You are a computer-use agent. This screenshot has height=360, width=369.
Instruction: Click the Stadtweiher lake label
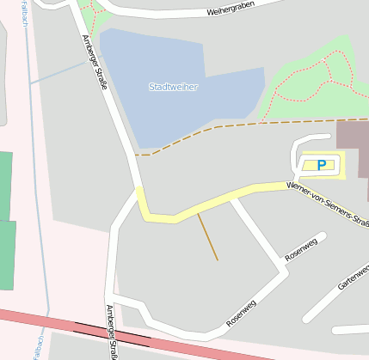(173, 87)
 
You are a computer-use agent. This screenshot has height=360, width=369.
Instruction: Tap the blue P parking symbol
(322, 165)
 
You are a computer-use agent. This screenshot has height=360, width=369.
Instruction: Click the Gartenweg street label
(353, 278)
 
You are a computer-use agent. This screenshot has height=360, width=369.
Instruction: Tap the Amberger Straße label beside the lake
(96, 60)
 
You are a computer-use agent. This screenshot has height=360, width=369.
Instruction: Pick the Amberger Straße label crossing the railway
(111, 331)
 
